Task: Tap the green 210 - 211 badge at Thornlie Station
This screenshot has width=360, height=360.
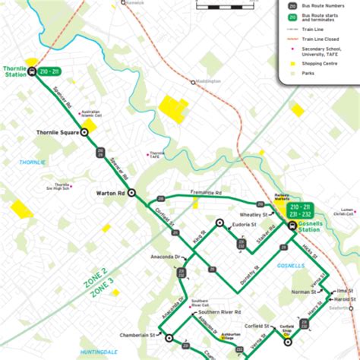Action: point(51,71)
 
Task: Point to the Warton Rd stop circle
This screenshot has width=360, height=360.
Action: point(131,192)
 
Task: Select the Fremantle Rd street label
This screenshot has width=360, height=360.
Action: point(207,194)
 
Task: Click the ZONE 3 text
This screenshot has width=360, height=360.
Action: point(101,292)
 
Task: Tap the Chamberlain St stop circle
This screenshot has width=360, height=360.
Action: point(161,334)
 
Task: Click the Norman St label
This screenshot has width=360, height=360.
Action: point(303,292)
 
